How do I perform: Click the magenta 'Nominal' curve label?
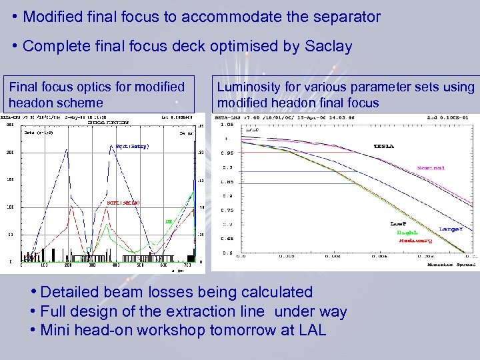[x=431, y=168]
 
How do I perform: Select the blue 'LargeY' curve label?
[x=452, y=229]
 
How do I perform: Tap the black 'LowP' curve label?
[x=399, y=224]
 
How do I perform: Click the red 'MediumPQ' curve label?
[x=416, y=240]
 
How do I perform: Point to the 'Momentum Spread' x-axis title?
[x=450, y=264]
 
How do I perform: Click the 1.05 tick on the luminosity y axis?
[x=227, y=124]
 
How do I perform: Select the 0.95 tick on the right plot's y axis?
[x=227, y=152]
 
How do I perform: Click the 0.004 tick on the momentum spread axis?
[x=353, y=256]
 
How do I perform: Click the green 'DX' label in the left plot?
[x=168, y=221]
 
